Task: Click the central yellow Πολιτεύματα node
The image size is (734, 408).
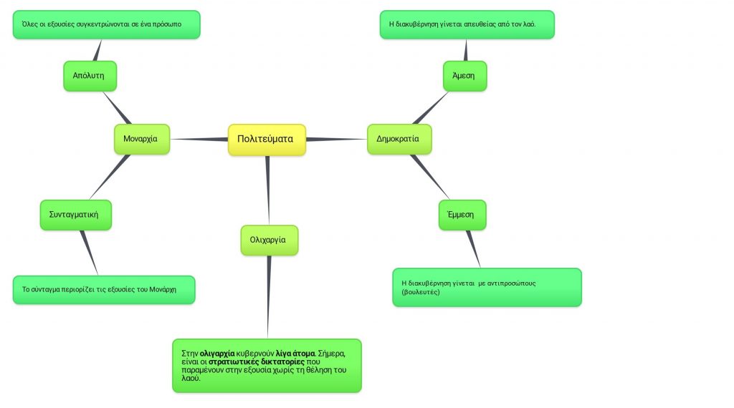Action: tap(266, 139)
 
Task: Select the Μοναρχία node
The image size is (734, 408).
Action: tap(141, 139)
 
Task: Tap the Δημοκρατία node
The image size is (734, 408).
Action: tap(399, 139)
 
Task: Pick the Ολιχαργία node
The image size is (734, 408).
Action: tap(268, 240)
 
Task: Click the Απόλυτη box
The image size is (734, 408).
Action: tap(90, 75)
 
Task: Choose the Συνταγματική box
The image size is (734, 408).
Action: tap(75, 214)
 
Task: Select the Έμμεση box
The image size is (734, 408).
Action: tap(462, 214)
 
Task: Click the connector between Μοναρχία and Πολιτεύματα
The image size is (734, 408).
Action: tap(199, 139)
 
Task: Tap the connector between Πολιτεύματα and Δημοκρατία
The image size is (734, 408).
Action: tap(336, 139)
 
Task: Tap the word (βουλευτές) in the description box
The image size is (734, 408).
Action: tap(421, 292)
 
